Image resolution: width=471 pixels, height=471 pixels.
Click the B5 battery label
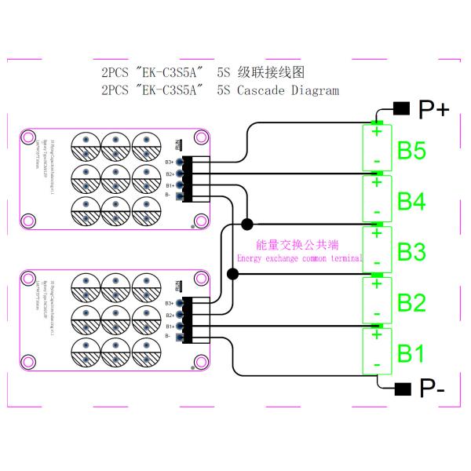pos(411,152)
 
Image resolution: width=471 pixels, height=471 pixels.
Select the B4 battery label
pos(411,202)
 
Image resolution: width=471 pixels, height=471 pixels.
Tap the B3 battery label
pos(411,252)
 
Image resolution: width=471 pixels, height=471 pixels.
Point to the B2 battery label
pos(411,302)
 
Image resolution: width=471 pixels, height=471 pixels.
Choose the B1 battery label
pos(411,352)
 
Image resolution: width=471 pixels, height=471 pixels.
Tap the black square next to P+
pos(401,108)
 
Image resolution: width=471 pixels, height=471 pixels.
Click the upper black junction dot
pos(247,225)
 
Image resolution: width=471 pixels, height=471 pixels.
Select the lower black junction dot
pos(233,274)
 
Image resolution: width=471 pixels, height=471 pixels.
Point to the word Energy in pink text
pos(252,258)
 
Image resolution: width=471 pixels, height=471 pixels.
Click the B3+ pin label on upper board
pos(169,162)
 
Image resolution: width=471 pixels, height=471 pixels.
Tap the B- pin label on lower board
pos(168,336)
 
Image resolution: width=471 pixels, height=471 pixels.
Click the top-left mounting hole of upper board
pos(29,138)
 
